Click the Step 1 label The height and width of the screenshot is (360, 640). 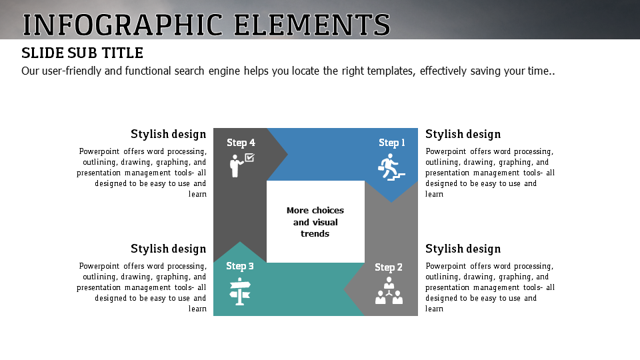click(392, 143)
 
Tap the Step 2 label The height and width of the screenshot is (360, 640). click(389, 267)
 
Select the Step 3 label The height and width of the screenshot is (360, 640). click(240, 266)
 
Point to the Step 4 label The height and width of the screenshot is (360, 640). click(241, 143)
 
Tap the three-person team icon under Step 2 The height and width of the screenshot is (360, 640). click(389, 292)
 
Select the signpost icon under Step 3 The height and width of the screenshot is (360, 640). click(239, 291)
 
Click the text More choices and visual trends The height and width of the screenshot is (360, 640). click(315, 222)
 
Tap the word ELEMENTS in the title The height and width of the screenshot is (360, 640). click(312, 25)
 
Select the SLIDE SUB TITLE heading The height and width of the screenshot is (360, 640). click(82, 53)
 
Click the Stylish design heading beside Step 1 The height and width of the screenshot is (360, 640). click(463, 134)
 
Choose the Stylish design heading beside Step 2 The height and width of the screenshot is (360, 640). click(463, 249)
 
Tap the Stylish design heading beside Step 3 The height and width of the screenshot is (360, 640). click(169, 249)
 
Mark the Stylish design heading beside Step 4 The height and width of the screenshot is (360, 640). click(169, 134)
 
